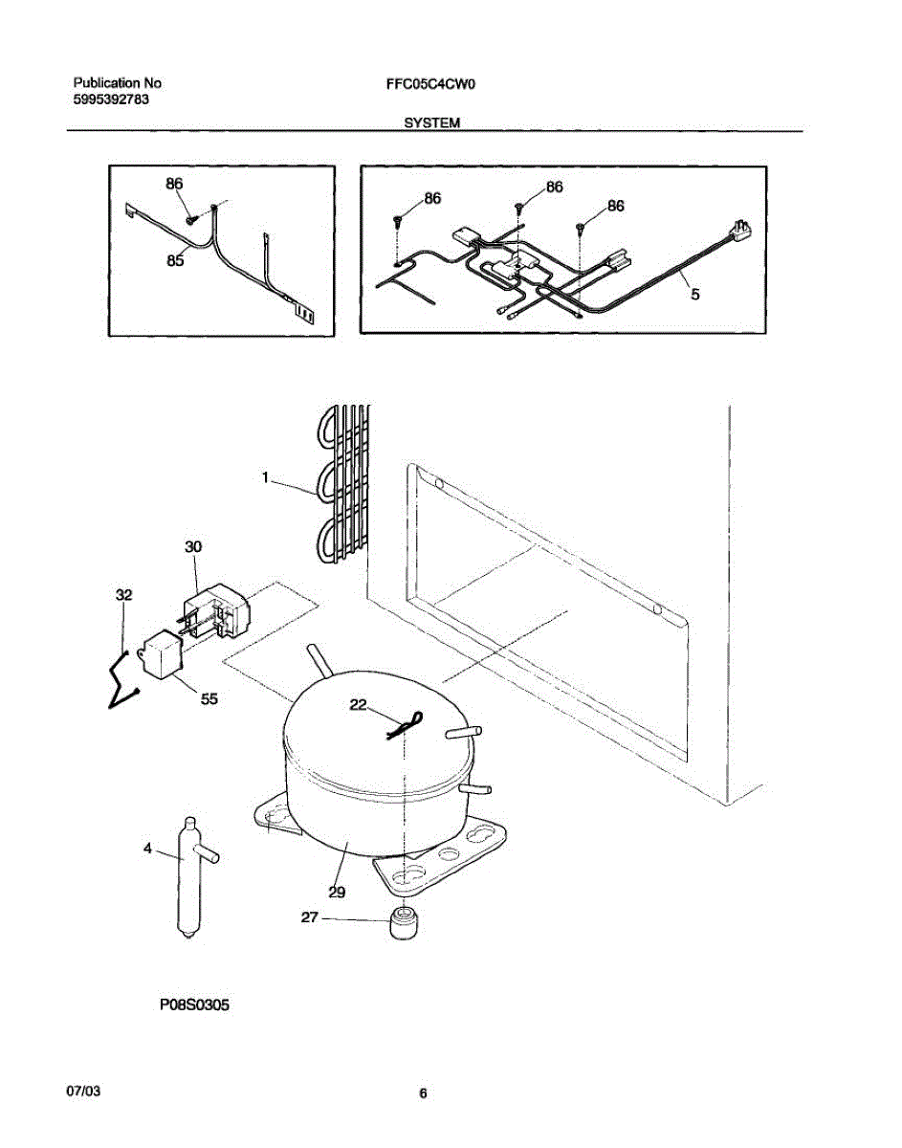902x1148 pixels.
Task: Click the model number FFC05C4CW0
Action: [x=430, y=84]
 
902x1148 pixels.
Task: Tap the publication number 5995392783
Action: [x=110, y=99]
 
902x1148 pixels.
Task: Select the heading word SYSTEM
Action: [x=432, y=123]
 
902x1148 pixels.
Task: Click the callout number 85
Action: [x=174, y=259]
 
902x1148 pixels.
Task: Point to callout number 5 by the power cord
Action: [x=694, y=295]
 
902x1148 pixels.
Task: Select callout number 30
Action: [x=193, y=546]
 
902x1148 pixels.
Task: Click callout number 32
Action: [x=124, y=594]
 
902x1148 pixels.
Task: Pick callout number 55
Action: [x=209, y=698]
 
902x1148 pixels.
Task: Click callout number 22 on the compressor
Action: [x=358, y=705]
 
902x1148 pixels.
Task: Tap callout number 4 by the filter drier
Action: [x=148, y=848]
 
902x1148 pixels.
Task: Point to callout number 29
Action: [x=337, y=892]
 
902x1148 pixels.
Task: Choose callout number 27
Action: [x=310, y=917]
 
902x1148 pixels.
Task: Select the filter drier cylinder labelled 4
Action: [x=187, y=875]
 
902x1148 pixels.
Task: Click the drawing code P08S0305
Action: [x=194, y=1005]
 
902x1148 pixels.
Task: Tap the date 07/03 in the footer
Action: [x=83, y=1092]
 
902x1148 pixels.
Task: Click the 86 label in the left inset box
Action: [x=173, y=184]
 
